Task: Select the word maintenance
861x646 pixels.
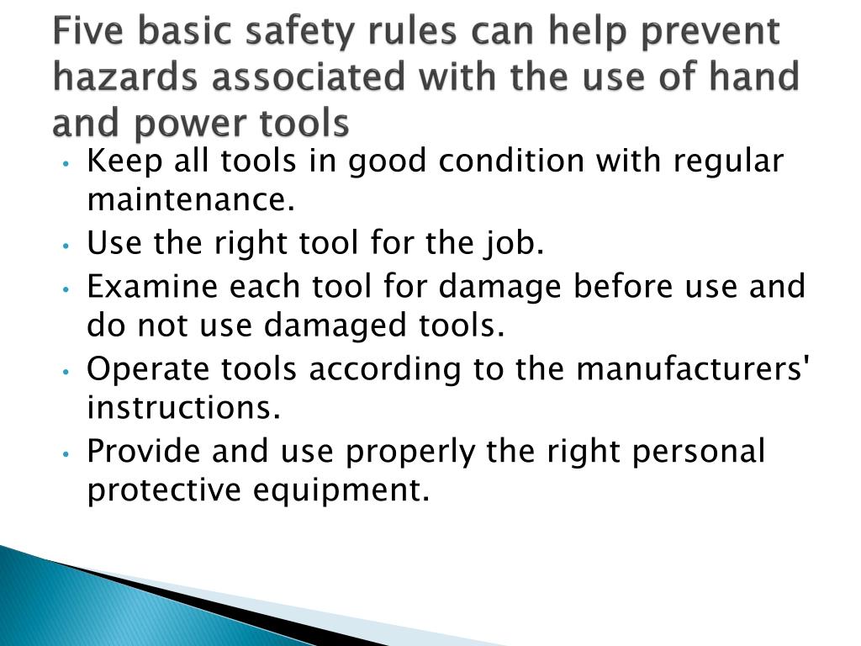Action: [x=192, y=200]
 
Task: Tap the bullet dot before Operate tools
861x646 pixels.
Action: [x=66, y=371]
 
